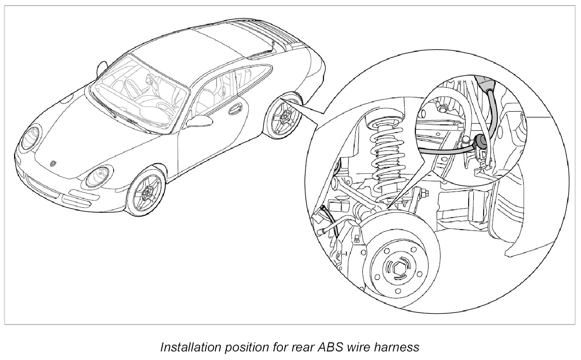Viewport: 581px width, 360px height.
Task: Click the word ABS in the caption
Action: point(326,347)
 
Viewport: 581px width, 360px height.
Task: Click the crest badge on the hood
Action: point(53,164)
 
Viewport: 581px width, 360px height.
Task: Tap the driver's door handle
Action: point(234,111)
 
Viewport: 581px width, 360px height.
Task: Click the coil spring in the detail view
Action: point(386,154)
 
